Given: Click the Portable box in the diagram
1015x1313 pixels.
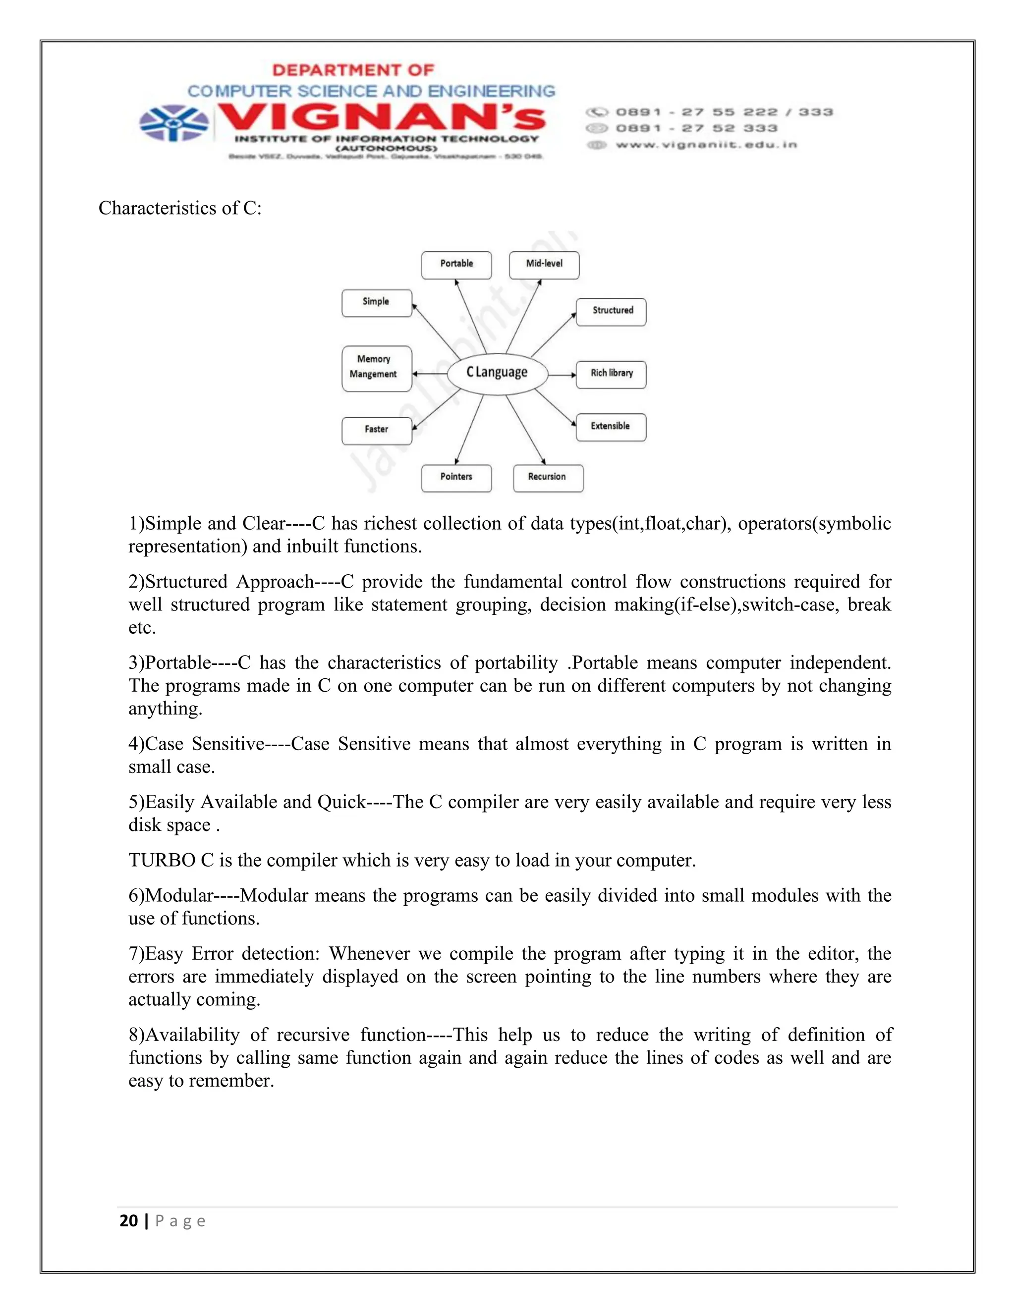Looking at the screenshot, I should (x=456, y=265).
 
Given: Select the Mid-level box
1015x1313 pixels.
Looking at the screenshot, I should (x=544, y=265).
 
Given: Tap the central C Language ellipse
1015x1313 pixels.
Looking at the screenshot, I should (x=497, y=373).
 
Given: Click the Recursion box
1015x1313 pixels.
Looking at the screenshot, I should (x=548, y=478).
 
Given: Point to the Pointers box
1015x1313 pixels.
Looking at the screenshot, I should (x=456, y=478).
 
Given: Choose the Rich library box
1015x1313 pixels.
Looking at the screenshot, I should (x=611, y=375).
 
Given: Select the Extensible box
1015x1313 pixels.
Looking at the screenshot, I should (x=611, y=427).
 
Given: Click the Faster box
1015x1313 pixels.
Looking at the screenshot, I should (x=377, y=431).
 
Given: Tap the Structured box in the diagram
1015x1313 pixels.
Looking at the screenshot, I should (x=611, y=312).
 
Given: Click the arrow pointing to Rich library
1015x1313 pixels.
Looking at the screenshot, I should (x=562, y=375).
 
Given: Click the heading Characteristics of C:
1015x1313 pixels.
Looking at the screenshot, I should (x=180, y=208).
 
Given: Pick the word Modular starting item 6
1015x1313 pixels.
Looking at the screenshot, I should (x=179, y=896).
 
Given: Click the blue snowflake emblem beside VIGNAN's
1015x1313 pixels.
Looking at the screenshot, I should (x=174, y=123).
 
